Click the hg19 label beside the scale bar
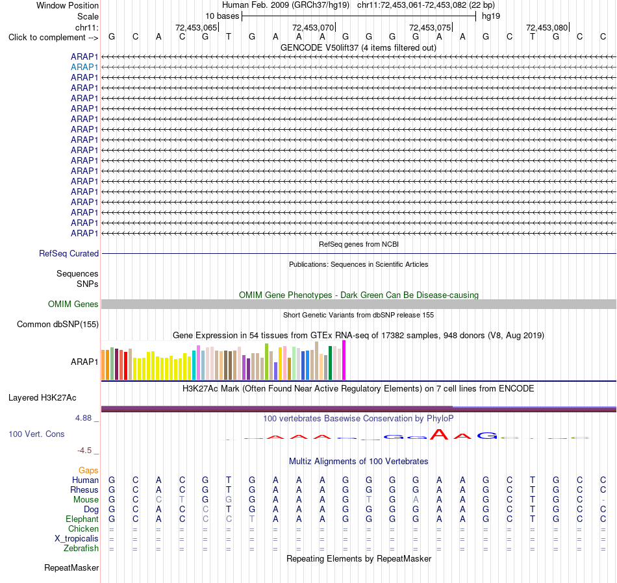pos(491,16)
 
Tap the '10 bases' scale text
pos(222,16)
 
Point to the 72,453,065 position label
pos(196,27)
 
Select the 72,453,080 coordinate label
pos(547,27)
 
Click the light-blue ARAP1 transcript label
pos(84,68)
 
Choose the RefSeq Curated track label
pos(69,253)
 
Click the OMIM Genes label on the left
pos(73,304)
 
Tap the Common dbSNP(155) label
pos(58,324)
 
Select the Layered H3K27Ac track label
pos(42,398)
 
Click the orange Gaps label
pos(88,471)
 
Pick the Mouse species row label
pos(86,500)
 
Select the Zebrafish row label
pos(81,549)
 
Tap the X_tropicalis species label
pos(77,539)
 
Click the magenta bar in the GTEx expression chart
pos(344,360)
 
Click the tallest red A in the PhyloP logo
pos(439,434)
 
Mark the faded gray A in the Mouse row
pos(416,500)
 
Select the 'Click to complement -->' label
pos(53,38)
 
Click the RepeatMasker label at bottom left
pos(71,567)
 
